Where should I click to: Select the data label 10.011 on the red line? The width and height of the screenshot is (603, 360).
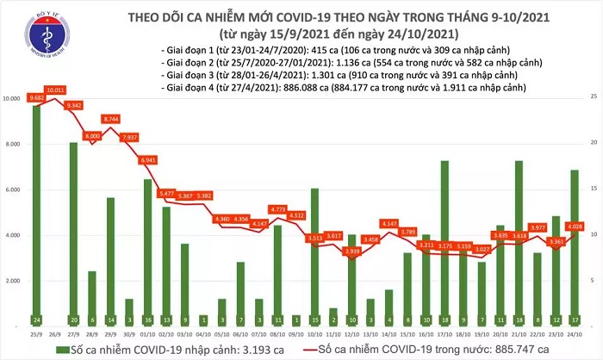56,89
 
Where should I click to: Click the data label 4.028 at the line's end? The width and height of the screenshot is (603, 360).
575,227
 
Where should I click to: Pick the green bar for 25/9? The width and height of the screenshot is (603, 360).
37,215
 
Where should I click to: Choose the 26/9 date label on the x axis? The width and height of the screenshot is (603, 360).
56,332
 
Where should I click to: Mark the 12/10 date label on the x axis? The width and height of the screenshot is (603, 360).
351,332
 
